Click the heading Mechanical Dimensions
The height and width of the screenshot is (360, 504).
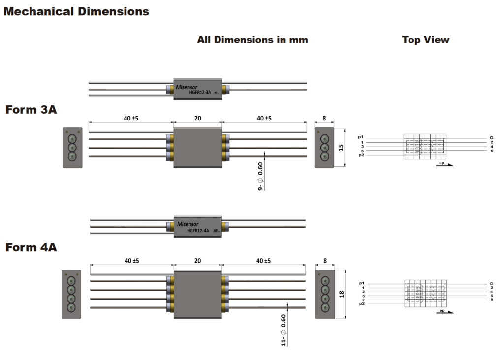pyautogui.click(x=76, y=11)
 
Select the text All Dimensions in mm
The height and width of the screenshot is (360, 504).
pyautogui.click(x=252, y=40)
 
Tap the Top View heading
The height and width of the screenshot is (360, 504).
pyautogui.click(x=425, y=40)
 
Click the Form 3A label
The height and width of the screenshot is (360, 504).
pyautogui.click(x=31, y=109)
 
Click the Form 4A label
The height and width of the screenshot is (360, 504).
pyautogui.click(x=31, y=247)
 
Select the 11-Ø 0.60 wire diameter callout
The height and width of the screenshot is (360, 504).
pyautogui.click(x=283, y=330)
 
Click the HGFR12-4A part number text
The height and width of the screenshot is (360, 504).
pyautogui.click(x=198, y=230)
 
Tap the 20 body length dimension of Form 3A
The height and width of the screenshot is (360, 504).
pyautogui.click(x=198, y=119)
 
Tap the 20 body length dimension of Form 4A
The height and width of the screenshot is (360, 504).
pyautogui.click(x=198, y=261)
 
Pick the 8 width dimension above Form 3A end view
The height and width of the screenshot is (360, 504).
pyautogui.click(x=324, y=119)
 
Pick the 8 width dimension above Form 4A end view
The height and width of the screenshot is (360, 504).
pyautogui.click(x=324, y=261)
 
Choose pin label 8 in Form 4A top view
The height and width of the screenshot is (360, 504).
pyautogui.click(x=491, y=300)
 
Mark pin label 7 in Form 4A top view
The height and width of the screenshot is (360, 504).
pyautogui.click(x=363, y=300)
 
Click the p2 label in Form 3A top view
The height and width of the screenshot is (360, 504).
pyautogui.click(x=361, y=155)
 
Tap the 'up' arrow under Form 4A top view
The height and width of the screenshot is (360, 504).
pyautogui.click(x=444, y=311)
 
